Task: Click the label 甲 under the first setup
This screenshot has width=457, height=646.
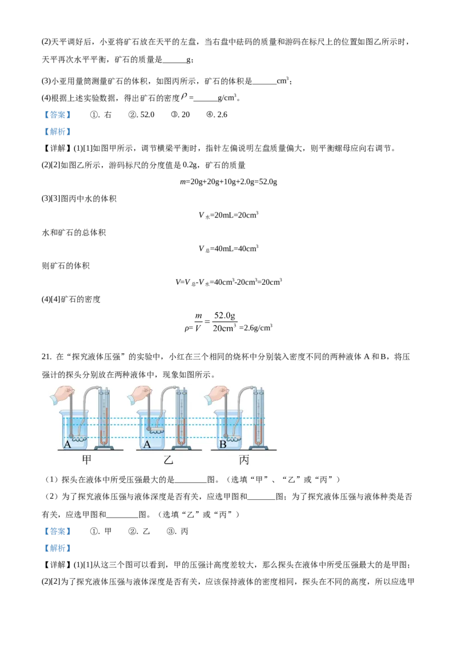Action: pyautogui.click(x=86, y=460)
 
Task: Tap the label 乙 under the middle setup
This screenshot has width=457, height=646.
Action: pyautogui.click(x=168, y=460)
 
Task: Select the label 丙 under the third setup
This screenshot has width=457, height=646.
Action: pyautogui.click(x=244, y=460)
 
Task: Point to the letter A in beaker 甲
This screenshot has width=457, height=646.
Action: pyautogui.click(x=68, y=444)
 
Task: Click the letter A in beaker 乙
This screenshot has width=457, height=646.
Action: pyautogui.click(x=147, y=444)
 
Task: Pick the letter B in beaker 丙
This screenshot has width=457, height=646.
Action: pyautogui.click(x=223, y=444)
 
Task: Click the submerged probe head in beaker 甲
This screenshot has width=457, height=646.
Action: pyautogui.click(x=74, y=437)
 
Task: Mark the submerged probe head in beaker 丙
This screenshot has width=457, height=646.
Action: pyautogui.click(x=228, y=437)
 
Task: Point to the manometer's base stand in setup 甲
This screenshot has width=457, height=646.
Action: pyautogui.click(x=103, y=448)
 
